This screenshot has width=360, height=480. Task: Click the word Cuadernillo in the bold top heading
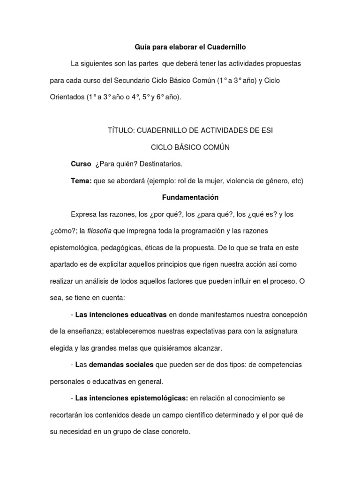(x=224, y=47)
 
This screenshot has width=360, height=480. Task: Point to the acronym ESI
(x=267, y=130)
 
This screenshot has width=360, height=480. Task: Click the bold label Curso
(x=80, y=164)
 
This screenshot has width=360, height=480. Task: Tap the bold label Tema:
(x=81, y=180)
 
